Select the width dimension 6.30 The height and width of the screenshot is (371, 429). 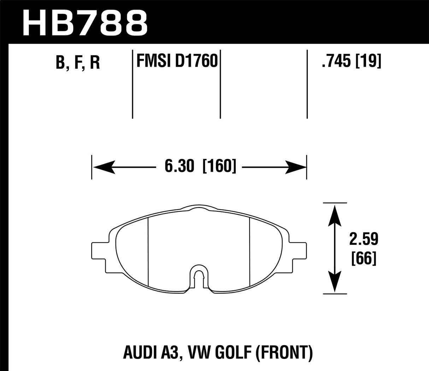pyautogui.click(x=180, y=166)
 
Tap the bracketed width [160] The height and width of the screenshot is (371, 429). pyautogui.click(x=219, y=166)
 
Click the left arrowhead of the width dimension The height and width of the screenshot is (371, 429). pyautogui.click(x=102, y=166)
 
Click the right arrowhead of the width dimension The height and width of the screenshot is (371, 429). pyautogui.click(x=296, y=166)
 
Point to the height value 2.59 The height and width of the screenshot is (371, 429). pyautogui.click(x=364, y=240)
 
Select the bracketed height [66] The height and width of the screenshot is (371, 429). pyautogui.click(x=364, y=259)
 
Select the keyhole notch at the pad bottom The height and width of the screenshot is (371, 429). pyautogui.click(x=199, y=277)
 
